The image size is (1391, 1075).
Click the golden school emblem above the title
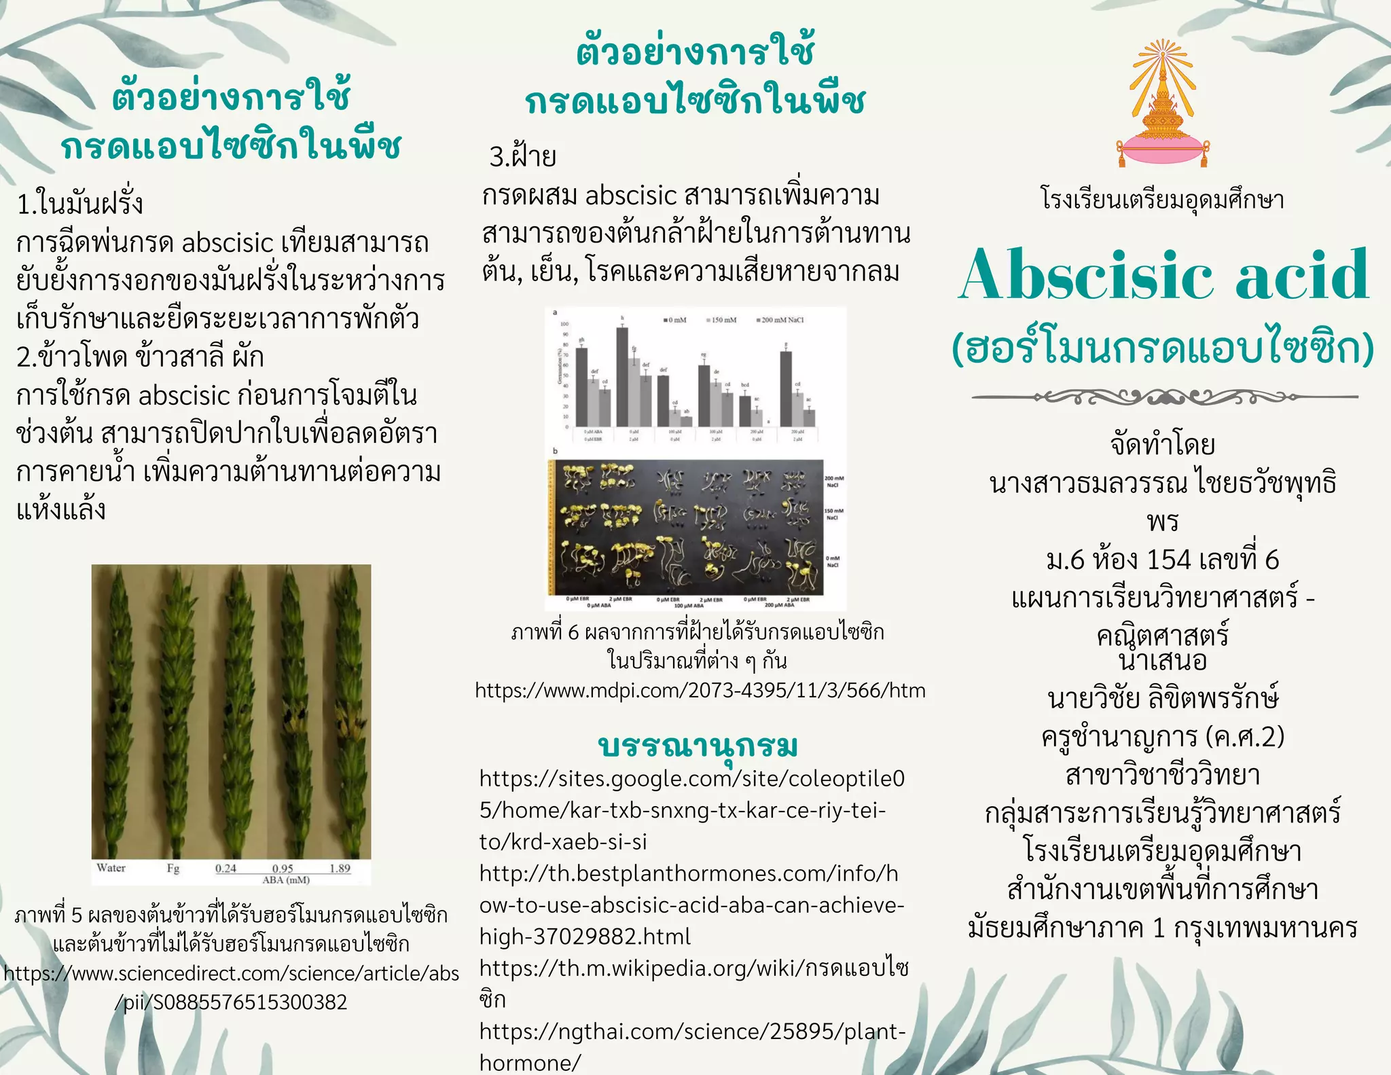[x=1163, y=105]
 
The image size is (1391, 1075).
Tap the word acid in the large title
[x=1302, y=275]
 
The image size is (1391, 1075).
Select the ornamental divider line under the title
[x=1164, y=397]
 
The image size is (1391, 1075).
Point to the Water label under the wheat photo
[x=111, y=868]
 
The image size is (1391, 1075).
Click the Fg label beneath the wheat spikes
[x=173, y=869]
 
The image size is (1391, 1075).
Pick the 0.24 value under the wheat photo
[x=225, y=869]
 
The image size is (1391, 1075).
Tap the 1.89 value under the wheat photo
[x=340, y=869]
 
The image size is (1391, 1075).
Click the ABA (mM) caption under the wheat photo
[x=286, y=880]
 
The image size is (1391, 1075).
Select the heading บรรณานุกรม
[x=698, y=745]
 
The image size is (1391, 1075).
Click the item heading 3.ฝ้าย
[x=522, y=157]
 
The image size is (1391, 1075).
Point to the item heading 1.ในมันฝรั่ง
[x=80, y=204]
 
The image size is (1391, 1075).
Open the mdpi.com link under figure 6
[x=700, y=691]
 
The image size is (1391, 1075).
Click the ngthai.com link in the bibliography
[x=693, y=1046]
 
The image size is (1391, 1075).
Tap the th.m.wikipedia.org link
[x=693, y=968]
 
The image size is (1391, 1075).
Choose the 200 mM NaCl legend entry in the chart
[x=781, y=320]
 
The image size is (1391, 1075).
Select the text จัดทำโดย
[x=1163, y=445]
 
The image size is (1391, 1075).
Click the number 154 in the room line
[x=1168, y=560]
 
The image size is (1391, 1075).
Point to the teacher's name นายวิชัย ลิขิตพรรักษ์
[x=1163, y=698]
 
